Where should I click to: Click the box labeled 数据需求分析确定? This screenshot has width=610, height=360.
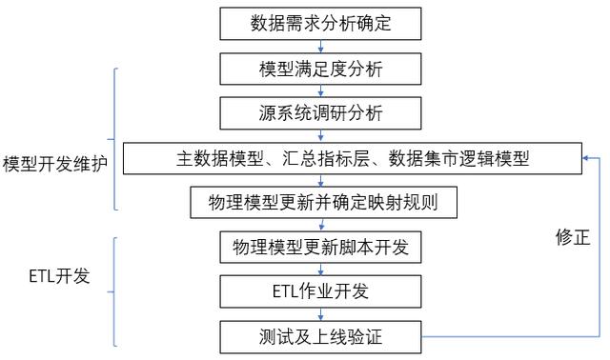coord(320,22)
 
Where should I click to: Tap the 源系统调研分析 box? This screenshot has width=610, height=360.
coord(320,113)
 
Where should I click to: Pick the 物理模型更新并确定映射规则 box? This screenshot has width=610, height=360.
coord(320,203)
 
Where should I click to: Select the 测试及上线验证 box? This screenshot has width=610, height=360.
coord(320,334)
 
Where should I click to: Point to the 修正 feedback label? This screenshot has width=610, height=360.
coord(575,238)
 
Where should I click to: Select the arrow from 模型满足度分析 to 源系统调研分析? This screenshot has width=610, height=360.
coord(320,90)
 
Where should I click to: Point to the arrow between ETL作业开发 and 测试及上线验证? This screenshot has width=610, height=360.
coord(320,313)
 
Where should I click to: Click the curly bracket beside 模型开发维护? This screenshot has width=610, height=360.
coord(116,137)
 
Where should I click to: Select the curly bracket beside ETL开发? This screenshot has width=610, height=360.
coord(116,290)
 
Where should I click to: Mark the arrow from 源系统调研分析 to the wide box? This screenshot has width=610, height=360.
coord(320,136)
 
